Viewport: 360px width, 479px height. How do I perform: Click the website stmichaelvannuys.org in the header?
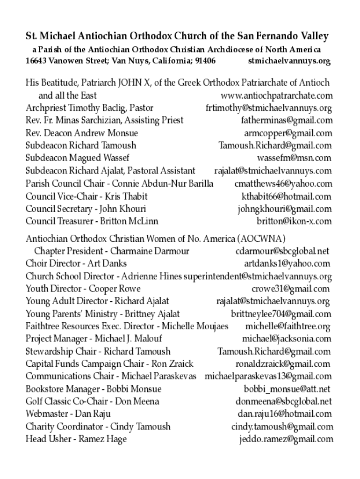[x=289, y=61]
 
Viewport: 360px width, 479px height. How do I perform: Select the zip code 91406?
[x=205, y=61]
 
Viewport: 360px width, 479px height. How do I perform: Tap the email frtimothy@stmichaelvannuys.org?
[x=269, y=108]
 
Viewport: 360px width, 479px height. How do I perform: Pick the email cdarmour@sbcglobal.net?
[x=282, y=251]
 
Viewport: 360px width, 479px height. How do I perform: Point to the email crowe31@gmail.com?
[x=290, y=289]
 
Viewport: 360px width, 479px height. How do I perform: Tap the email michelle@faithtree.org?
[x=288, y=327]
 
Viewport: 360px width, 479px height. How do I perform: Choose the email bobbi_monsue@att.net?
[x=287, y=389]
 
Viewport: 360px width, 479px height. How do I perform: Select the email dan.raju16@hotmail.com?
[x=285, y=414]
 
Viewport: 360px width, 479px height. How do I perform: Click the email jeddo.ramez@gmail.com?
[x=286, y=439]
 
